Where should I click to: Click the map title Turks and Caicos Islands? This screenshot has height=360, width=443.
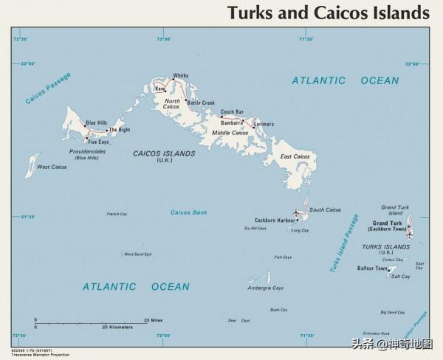328,13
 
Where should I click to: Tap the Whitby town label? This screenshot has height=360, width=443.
180,76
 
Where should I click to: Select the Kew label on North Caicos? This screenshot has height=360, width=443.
159,89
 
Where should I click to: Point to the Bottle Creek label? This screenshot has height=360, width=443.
201,103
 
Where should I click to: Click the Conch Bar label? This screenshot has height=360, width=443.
232,111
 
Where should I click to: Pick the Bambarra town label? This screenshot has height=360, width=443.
232,122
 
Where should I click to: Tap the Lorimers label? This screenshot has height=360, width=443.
264,124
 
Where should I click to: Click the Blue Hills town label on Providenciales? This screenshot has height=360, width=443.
97,122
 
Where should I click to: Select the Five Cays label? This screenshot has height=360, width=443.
98,142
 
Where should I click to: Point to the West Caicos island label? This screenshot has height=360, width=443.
52,167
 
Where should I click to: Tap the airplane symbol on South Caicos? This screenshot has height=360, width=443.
297,213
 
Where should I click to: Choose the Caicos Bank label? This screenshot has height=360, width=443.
188,212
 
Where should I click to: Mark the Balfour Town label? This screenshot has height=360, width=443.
372,269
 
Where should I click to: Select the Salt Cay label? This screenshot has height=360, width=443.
400,277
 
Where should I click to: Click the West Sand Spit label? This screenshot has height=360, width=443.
138,255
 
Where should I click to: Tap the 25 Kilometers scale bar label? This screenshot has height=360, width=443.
117,326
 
